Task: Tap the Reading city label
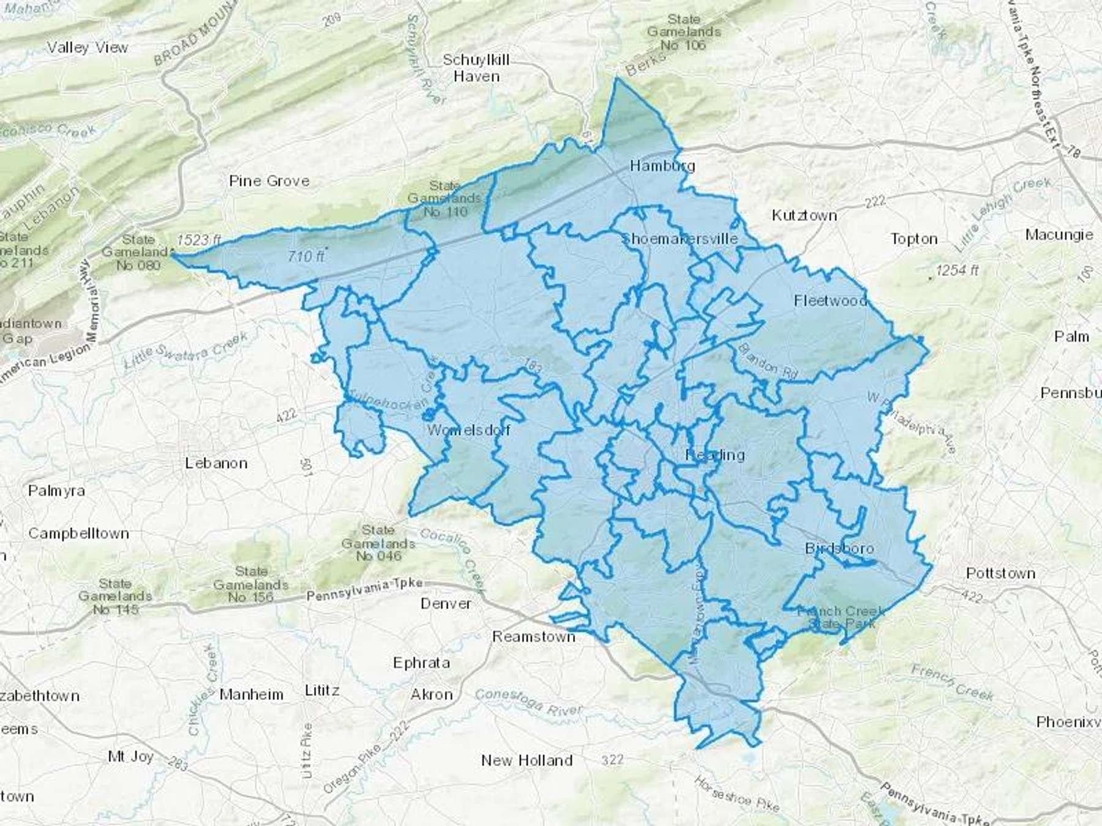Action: coord(714,455)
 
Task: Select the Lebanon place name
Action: coord(216,463)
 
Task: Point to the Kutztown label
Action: coord(804,215)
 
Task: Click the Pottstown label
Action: coord(1000,573)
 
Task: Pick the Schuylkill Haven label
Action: coord(476,68)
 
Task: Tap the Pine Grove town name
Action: coord(269,181)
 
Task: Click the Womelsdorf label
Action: coord(469,430)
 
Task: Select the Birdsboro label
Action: coord(839,548)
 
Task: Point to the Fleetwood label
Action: coord(830,300)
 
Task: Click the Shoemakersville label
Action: coord(680,239)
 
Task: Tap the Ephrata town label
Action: coord(421,663)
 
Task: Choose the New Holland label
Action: coord(527,761)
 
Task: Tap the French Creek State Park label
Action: coord(841,617)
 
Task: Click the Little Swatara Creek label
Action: coord(186,351)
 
